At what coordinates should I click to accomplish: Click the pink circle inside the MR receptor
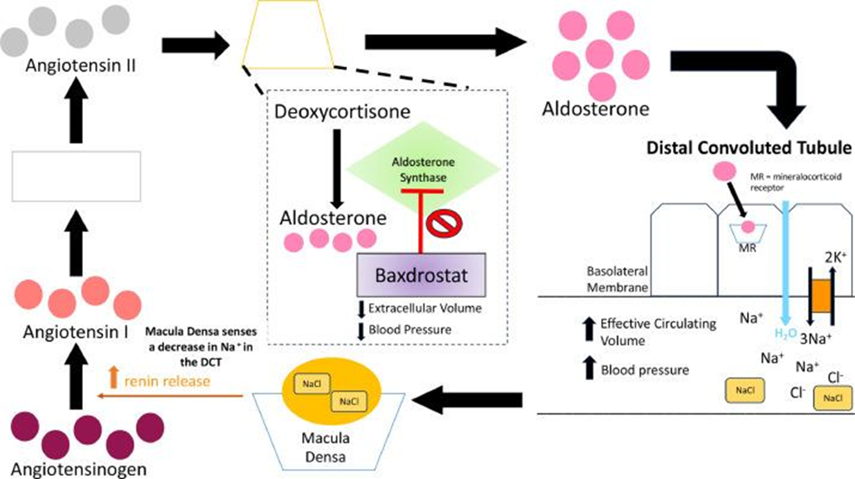pos(748,226)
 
